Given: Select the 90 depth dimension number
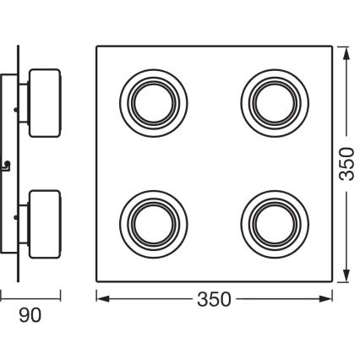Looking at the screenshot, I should pos(30,316).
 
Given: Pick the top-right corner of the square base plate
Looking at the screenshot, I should pos(332,45).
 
